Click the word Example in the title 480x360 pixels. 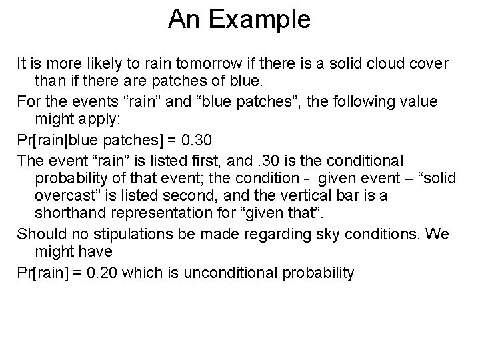pos(261,20)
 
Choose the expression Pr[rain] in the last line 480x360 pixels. pos(45,273)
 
